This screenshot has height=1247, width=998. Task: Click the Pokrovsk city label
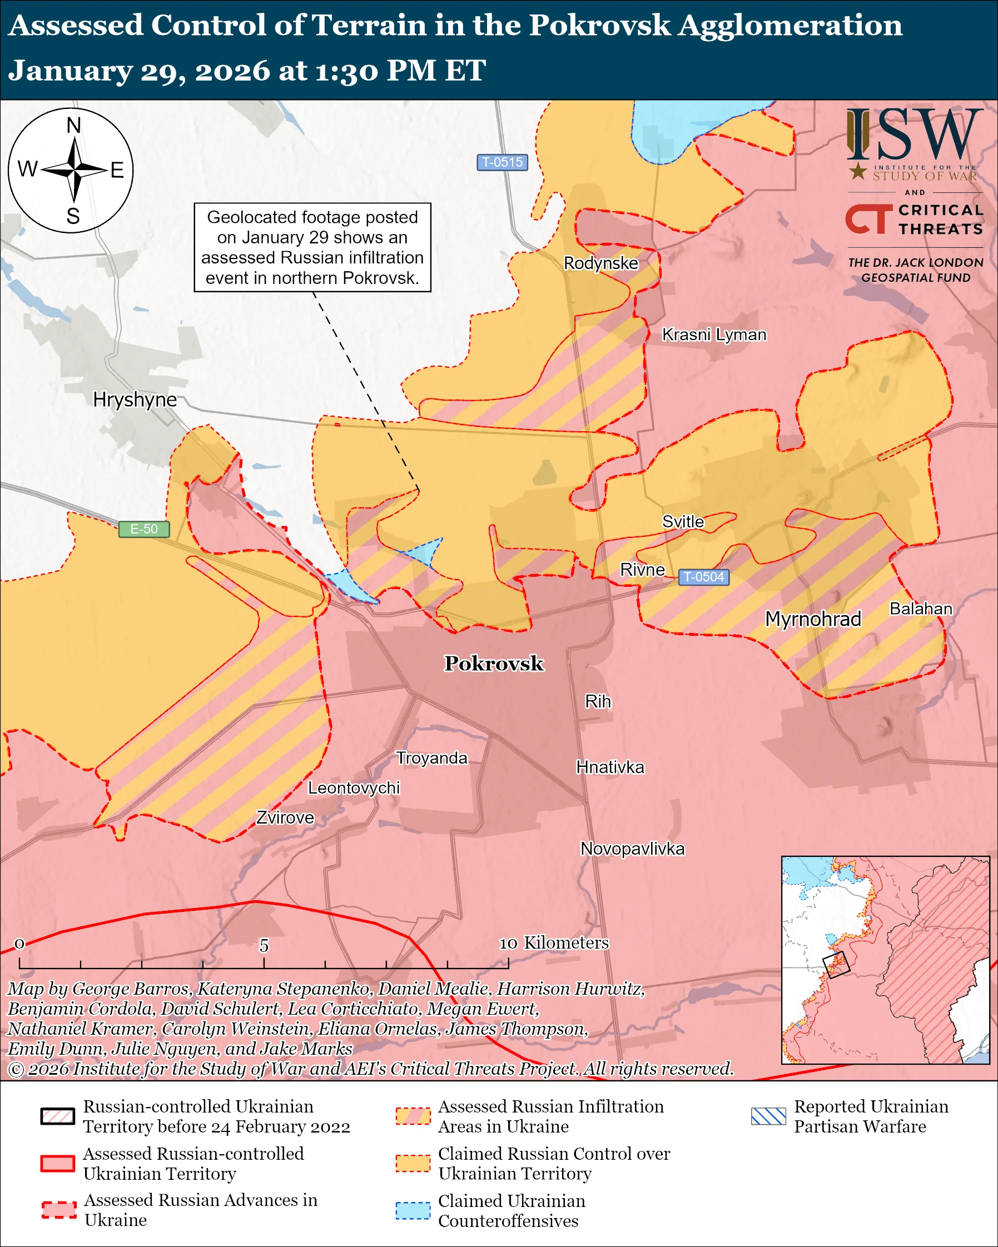point(494,664)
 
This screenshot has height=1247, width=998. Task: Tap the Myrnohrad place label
point(813,619)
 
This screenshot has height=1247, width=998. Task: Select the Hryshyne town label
point(135,400)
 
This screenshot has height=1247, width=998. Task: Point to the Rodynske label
point(601,263)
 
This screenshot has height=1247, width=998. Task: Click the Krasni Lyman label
point(714,335)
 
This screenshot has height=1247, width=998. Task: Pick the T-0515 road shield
point(502,162)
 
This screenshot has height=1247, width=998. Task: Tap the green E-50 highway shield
point(143,528)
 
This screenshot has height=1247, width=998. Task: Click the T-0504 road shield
point(703,577)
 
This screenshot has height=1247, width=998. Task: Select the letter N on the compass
point(73,125)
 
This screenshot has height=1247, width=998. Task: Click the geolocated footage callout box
point(312,247)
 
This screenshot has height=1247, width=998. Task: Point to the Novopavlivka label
point(632,849)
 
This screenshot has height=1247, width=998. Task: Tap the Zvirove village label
point(285,817)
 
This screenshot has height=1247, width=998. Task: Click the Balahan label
point(921,608)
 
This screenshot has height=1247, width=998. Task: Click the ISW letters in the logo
point(914,135)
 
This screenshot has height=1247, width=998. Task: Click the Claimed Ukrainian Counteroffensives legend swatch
point(413,1210)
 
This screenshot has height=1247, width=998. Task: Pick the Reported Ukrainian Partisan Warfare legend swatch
point(768,1116)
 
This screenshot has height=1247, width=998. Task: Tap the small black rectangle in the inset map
point(836,964)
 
